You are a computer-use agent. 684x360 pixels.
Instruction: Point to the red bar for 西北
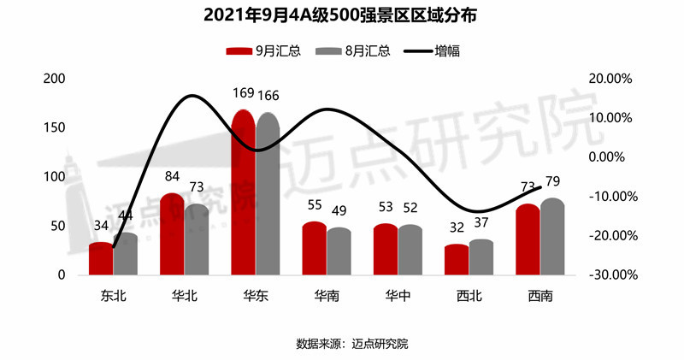[457, 260]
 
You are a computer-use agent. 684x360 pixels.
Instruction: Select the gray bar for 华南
[339, 251]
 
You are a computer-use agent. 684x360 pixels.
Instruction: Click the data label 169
[244, 94]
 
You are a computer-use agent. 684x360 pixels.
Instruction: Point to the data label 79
[552, 181]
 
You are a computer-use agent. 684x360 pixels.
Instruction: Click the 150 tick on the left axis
[55, 128]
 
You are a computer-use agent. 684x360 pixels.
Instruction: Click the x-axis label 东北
[113, 297]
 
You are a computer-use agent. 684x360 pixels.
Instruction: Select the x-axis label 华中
[398, 297]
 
